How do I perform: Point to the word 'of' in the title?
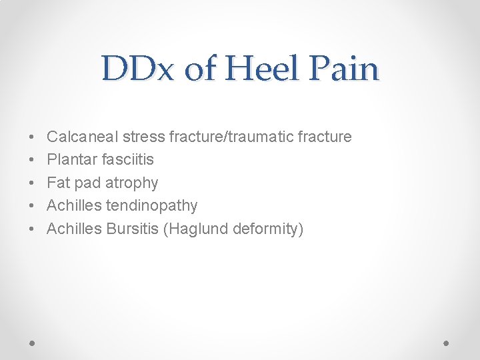pyautogui.click(x=200, y=68)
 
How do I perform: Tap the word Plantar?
pyautogui.click(x=69, y=160)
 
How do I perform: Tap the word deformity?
pyautogui.click(x=267, y=229)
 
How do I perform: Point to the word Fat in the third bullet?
pyautogui.click(x=58, y=183)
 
